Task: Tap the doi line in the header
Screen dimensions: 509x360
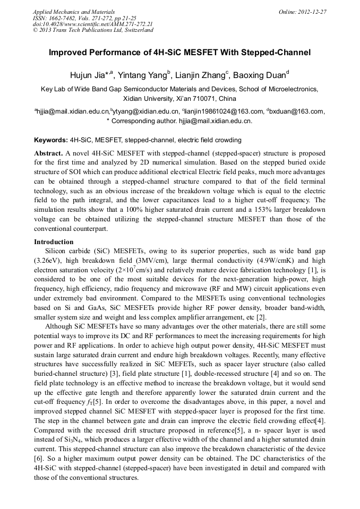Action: tap(92, 24)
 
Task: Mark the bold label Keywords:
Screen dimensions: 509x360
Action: tap(51, 140)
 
